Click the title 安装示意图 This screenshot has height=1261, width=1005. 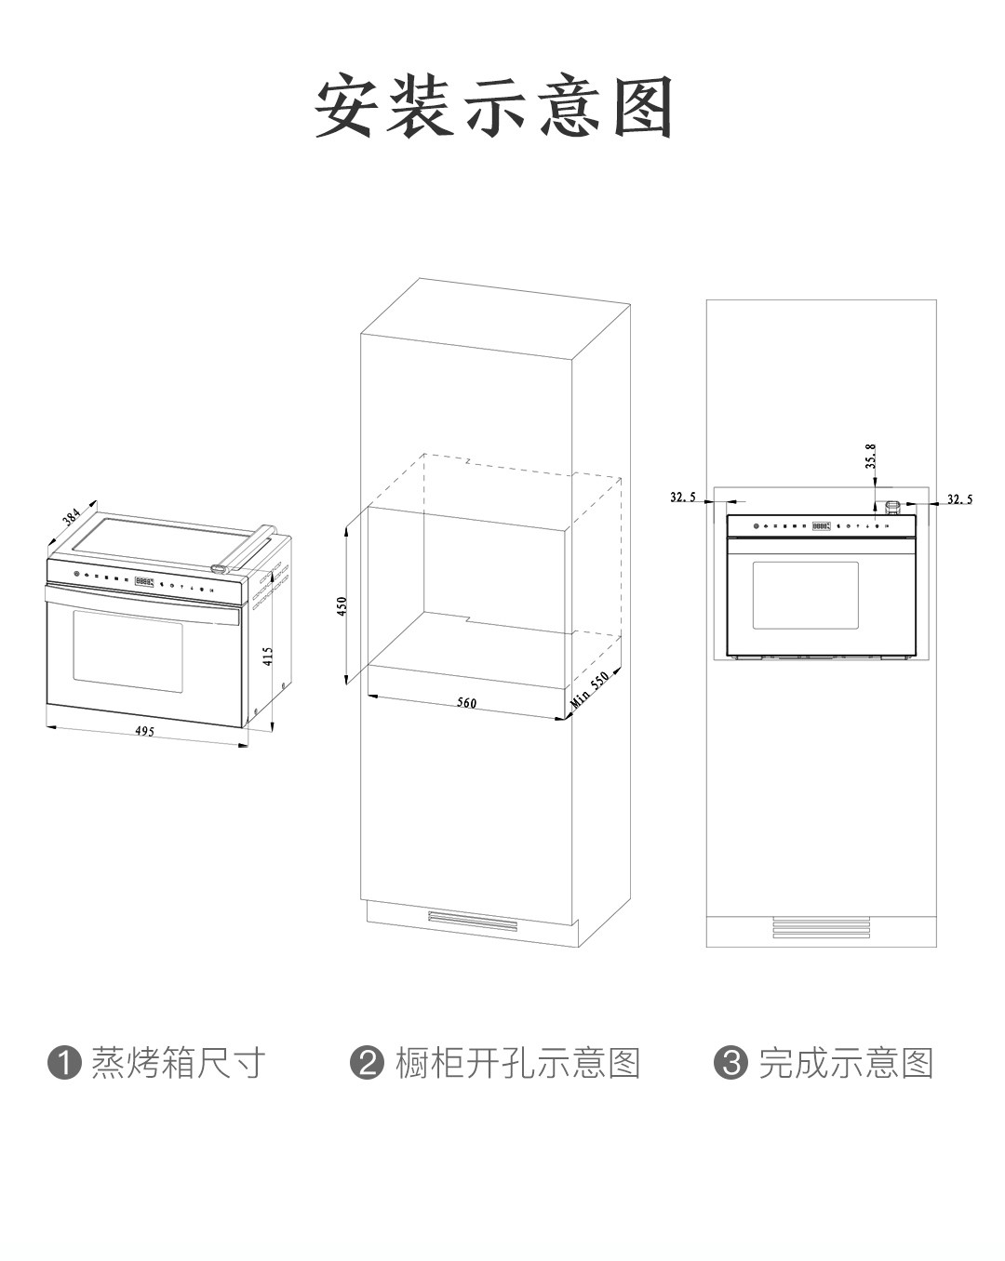(494, 108)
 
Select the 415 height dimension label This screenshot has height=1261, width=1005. (268, 657)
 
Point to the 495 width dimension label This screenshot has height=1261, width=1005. (144, 731)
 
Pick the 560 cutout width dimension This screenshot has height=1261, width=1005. (466, 703)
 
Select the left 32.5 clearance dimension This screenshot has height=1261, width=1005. (683, 498)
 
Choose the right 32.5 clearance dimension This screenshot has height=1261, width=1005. (959, 499)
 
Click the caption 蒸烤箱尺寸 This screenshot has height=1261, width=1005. (178, 1063)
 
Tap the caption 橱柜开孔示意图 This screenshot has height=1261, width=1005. (518, 1063)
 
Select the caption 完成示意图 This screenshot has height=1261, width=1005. (845, 1063)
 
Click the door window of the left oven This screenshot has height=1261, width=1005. (127, 651)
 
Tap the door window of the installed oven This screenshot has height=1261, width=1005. (805, 595)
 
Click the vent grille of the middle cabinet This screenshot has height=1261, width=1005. (472, 921)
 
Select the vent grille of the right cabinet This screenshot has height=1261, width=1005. (821, 927)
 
